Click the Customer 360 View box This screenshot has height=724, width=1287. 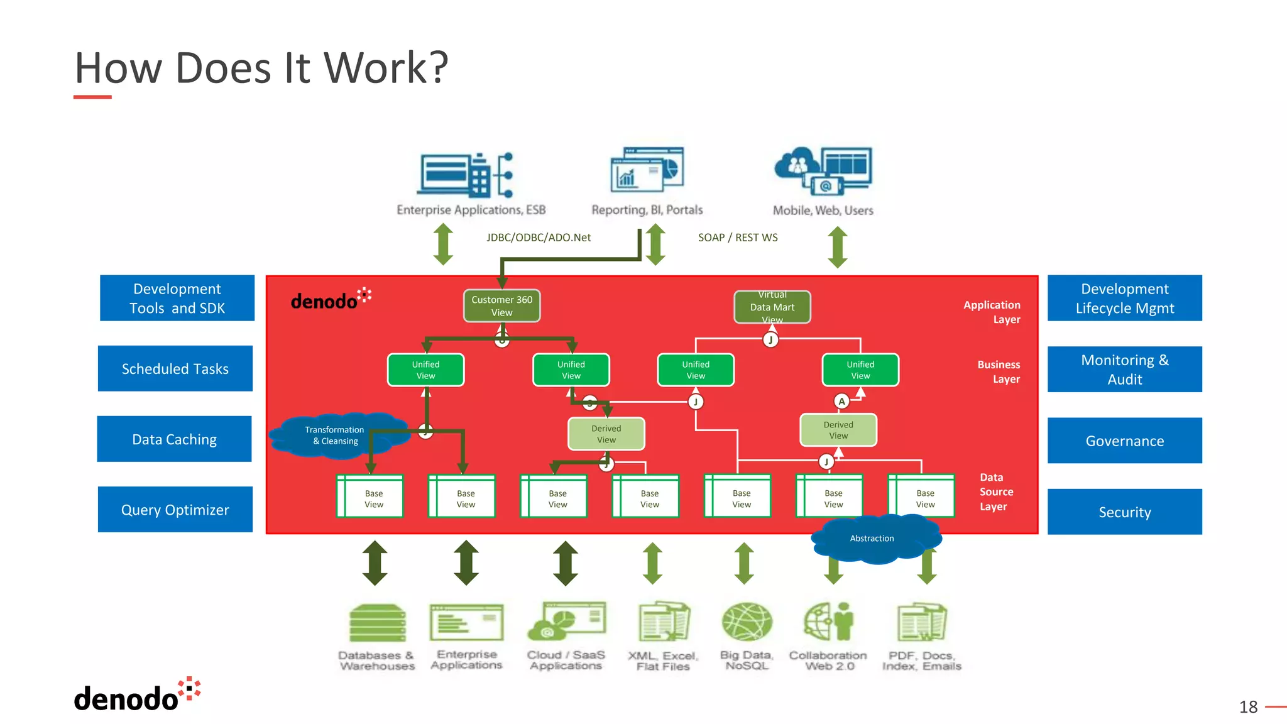[x=501, y=306]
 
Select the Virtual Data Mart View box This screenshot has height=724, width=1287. [x=772, y=307]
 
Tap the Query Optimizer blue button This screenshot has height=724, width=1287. [x=175, y=510]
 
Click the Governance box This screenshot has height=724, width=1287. [x=1124, y=441]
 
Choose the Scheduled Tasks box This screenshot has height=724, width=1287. [x=175, y=369]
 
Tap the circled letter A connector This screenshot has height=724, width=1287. [x=841, y=402]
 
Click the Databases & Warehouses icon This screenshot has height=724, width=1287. [x=377, y=623]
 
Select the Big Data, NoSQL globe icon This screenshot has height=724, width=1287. [x=747, y=622]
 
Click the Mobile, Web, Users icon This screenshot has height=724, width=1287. [x=823, y=171]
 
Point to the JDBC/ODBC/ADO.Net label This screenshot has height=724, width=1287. [x=539, y=238]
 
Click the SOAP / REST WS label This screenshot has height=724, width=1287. [x=738, y=238]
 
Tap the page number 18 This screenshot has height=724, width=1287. [x=1248, y=707]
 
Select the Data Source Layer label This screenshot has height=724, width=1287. [x=996, y=492]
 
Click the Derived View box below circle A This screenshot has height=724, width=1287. [x=838, y=431]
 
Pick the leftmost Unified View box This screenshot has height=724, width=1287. [x=425, y=370]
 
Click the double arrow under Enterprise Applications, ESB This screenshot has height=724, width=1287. [x=444, y=244]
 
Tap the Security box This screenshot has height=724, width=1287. [x=1124, y=512]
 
